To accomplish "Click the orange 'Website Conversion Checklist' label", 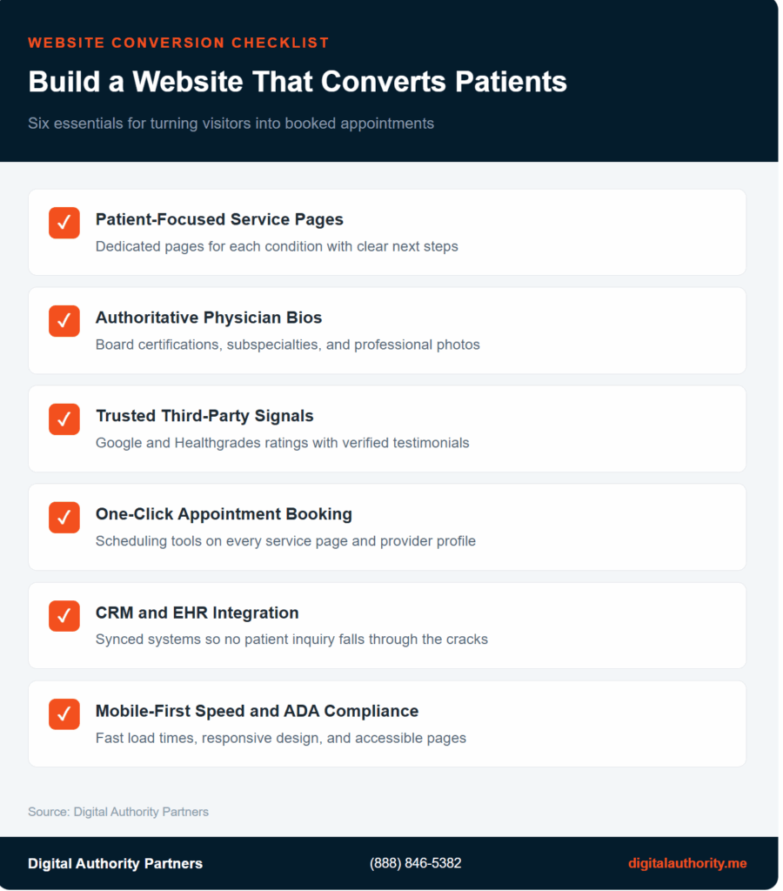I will click(x=178, y=43).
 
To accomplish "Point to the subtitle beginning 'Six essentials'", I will click(x=231, y=123).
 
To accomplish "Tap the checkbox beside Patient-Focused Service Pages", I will click(x=64, y=223).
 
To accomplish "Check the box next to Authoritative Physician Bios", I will click(x=64, y=321).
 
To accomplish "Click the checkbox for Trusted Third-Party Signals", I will click(x=64, y=419).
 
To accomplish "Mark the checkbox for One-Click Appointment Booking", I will click(x=64, y=518).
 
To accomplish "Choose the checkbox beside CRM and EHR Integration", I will click(x=64, y=616).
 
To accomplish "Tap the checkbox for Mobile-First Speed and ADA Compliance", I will click(x=64, y=714).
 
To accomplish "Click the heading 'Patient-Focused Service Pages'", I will click(x=219, y=219).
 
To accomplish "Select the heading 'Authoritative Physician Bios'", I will click(x=209, y=318).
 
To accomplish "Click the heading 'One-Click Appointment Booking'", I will click(x=224, y=514).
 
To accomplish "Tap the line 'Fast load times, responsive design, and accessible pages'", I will click(x=280, y=738).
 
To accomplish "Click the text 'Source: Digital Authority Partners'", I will click(x=118, y=812).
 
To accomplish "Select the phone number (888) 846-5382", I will click(x=416, y=863).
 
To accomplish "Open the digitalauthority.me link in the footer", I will click(x=687, y=863).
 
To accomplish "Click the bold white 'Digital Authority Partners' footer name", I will click(x=115, y=863).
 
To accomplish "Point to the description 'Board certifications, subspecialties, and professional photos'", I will click(x=287, y=345).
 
